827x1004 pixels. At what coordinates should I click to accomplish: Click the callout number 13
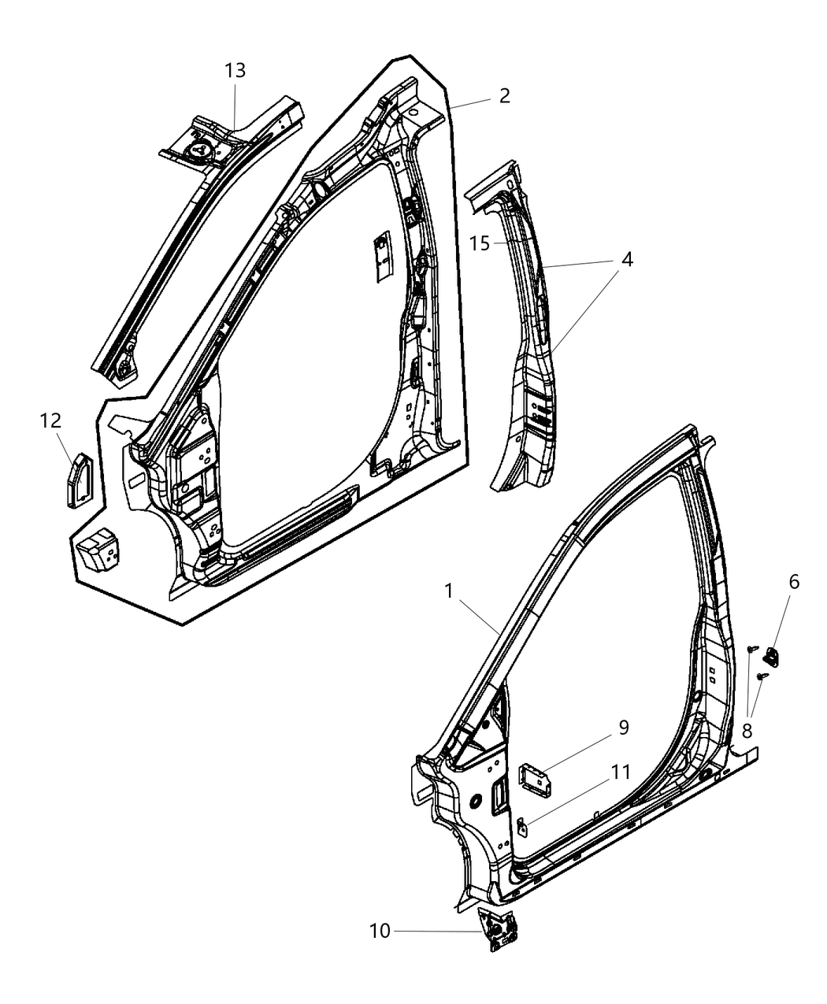(235, 70)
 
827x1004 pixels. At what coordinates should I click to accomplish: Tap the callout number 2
(504, 96)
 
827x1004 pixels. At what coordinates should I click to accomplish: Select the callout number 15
(480, 244)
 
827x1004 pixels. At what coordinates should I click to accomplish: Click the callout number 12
(50, 421)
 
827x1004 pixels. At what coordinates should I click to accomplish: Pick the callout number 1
(448, 591)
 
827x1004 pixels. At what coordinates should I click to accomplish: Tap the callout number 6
(793, 582)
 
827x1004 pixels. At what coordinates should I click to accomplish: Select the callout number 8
(747, 731)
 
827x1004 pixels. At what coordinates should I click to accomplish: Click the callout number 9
(623, 727)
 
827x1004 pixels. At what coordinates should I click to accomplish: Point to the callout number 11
(621, 772)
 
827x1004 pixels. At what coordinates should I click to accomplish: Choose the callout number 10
(380, 931)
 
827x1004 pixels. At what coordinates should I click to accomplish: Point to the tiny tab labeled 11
(522, 825)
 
